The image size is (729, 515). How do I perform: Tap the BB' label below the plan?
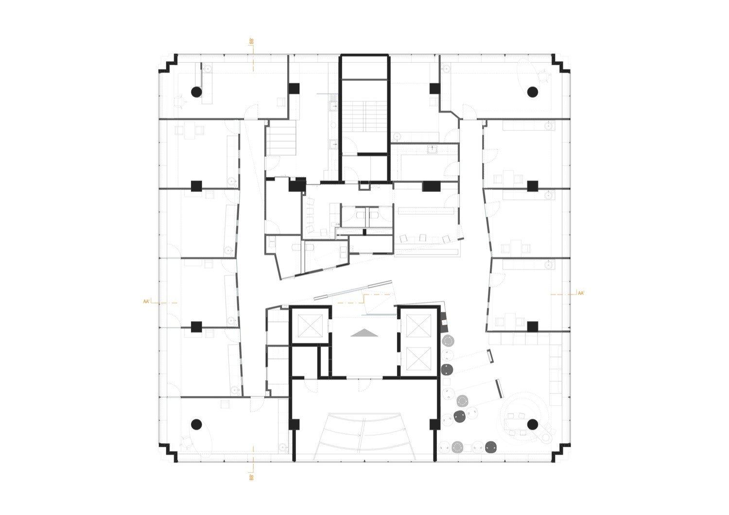point(251,477)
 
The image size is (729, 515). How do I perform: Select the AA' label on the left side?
point(146,302)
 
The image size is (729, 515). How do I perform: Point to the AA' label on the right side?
point(581,293)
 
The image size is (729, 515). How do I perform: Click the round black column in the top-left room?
point(196,92)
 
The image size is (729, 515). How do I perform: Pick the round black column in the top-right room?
point(533,92)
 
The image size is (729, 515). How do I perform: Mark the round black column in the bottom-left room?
point(196,424)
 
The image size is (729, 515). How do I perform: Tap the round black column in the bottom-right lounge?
point(533,424)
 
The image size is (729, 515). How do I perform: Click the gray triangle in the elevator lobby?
point(364,332)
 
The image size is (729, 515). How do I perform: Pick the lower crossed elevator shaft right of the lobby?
point(418,359)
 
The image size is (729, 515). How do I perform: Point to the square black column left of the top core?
point(294,88)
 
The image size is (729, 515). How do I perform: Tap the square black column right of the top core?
point(434,88)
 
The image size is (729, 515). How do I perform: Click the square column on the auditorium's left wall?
point(294,425)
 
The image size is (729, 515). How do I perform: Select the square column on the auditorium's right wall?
point(434,425)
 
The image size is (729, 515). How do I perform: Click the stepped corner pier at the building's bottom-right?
point(560,453)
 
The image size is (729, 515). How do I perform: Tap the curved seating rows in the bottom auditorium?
point(364,436)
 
